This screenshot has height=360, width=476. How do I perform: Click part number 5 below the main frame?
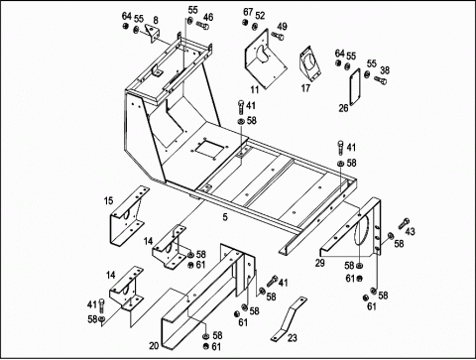(225, 217)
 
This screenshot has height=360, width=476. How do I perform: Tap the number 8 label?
(156, 20)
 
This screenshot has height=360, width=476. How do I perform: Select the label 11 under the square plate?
(255, 89)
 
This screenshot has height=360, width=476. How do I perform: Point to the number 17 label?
(305, 88)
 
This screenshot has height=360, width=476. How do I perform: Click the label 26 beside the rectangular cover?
(344, 108)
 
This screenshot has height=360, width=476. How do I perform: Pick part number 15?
(109, 200)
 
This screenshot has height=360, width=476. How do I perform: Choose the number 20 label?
(154, 346)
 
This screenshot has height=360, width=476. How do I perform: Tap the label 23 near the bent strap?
(293, 338)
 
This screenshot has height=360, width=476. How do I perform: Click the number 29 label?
(319, 263)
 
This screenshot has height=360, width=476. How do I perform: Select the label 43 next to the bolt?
(410, 232)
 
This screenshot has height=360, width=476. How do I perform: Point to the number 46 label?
(208, 17)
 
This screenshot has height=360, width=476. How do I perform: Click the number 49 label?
(282, 27)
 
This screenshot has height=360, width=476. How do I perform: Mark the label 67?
(248, 12)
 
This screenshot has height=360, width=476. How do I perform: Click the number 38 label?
(385, 70)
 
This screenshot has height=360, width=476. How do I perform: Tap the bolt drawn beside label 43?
(404, 223)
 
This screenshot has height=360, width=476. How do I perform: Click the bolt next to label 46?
(202, 25)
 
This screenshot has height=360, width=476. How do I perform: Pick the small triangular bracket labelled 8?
(153, 33)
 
